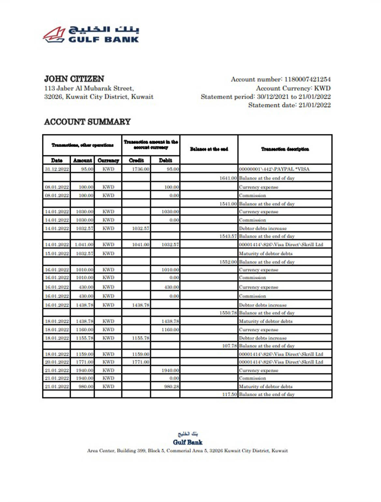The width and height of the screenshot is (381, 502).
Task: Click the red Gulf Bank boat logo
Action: tap(54, 35)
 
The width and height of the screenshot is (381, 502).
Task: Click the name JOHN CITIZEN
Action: tap(74, 79)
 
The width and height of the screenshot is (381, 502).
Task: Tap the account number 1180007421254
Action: tap(307, 79)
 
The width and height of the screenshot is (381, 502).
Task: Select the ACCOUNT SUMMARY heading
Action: tap(87, 122)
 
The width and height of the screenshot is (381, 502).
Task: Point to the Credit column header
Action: tap(136, 160)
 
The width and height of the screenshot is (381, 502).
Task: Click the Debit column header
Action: tap(165, 160)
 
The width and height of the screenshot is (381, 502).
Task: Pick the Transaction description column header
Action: tap(285, 149)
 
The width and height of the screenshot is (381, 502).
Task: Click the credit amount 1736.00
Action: tap(140, 169)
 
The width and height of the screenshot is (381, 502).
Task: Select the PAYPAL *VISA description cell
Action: tap(274, 169)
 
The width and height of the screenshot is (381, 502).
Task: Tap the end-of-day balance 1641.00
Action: tap(228, 178)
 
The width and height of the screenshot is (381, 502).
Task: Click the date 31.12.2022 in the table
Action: tap(57, 169)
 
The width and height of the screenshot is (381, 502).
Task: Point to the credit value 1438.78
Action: tap(140, 305)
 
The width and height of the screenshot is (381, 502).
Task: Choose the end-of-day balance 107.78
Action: tap(229, 346)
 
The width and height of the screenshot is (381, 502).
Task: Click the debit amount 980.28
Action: tap(171, 387)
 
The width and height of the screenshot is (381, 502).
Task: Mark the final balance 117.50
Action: tap(229, 394)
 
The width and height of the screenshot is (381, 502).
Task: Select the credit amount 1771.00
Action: tap(140, 362)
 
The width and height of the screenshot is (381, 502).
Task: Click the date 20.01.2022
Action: tap(57, 362)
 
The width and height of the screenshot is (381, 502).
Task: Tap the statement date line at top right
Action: tap(289, 105)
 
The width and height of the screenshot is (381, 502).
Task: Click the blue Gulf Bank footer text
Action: tap(188, 442)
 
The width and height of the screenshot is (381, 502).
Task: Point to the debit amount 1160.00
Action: tap(170, 330)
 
